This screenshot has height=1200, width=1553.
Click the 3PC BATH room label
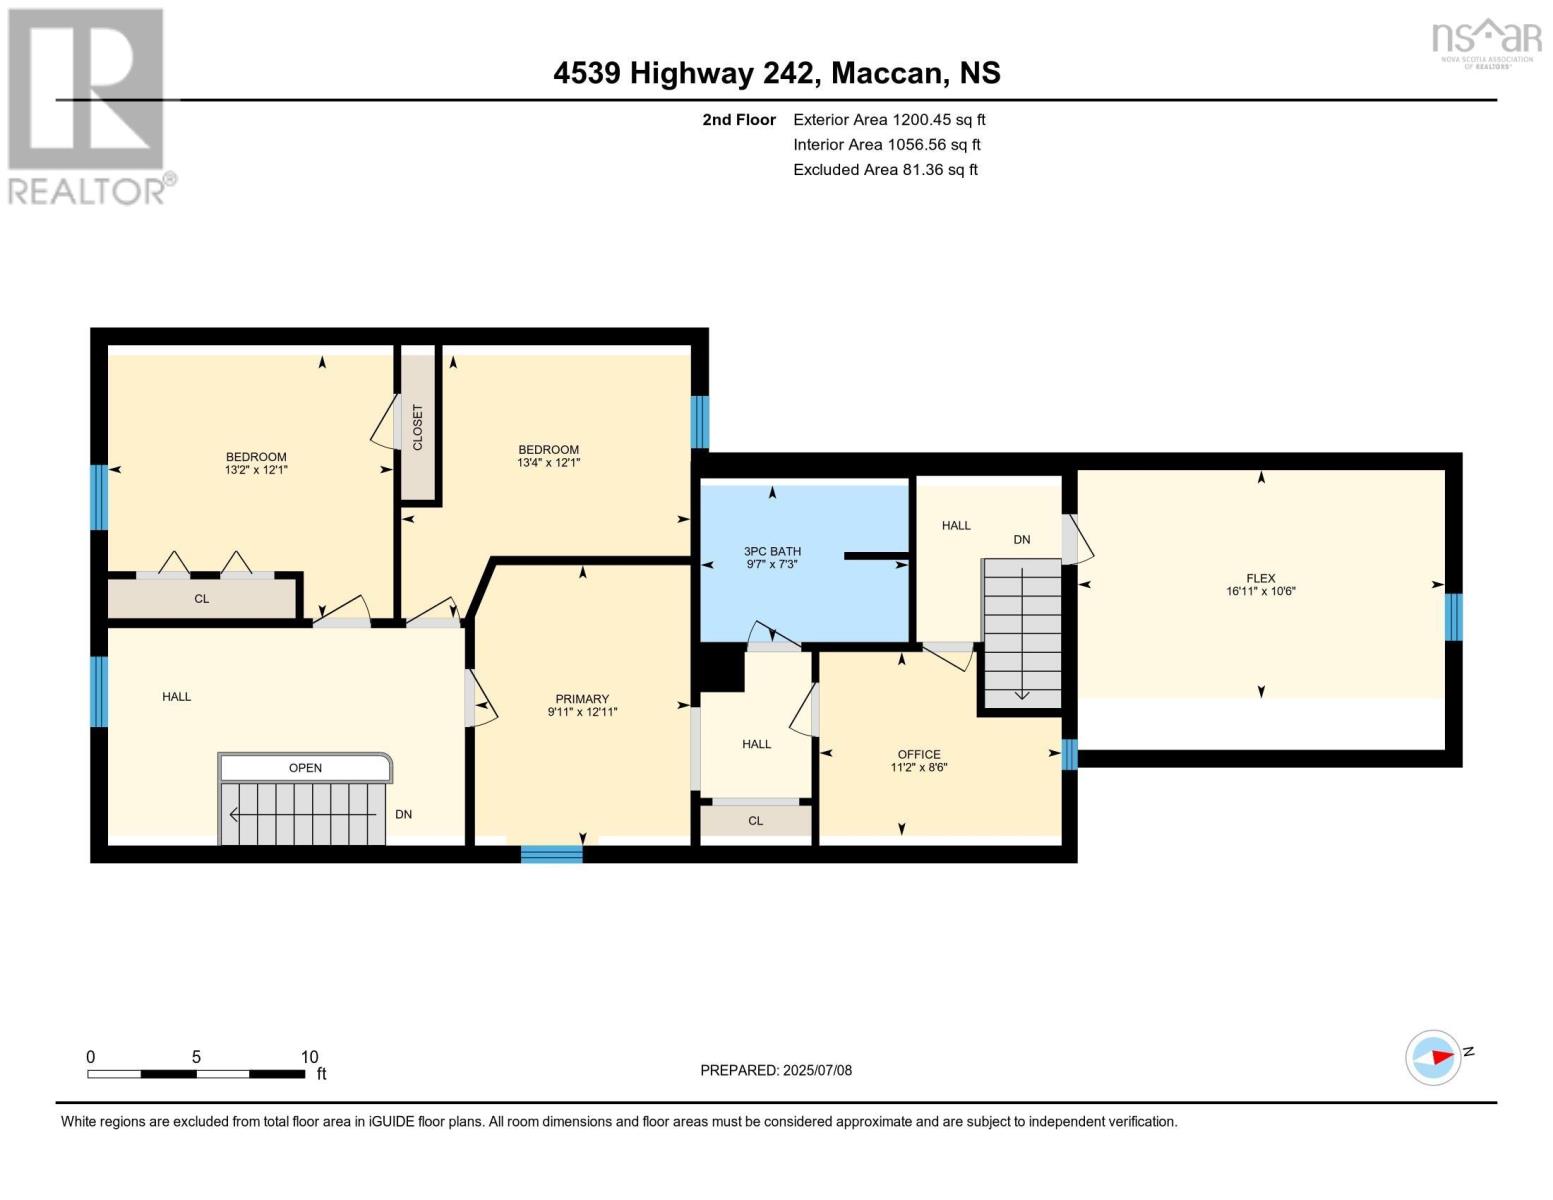[x=772, y=551]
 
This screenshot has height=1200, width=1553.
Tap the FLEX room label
[x=1261, y=578]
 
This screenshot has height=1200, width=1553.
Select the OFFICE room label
[x=919, y=754]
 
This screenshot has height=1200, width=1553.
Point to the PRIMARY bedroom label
[x=582, y=698]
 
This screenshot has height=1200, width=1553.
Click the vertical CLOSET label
[x=418, y=427]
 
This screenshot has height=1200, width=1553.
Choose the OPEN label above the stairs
[x=305, y=768]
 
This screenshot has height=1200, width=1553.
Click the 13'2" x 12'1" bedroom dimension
[x=256, y=470]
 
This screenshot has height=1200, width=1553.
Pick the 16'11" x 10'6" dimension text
[x=1261, y=591]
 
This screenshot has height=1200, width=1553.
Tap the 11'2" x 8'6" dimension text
[x=919, y=767]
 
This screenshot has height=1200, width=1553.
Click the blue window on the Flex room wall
[x=1453, y=617]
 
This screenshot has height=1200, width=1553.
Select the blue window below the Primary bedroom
[x=551, y=854]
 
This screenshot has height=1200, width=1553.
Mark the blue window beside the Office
[x=1069, y=754]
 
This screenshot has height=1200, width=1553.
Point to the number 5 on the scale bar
[x=196, y=1056]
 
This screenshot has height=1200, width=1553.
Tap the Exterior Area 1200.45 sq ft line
[x=889, y=119]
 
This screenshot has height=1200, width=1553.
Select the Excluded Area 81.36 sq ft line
[x=885, y=169]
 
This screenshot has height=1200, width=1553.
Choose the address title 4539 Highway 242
[x=683, y=73]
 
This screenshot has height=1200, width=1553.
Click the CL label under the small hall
[x=755, y=820]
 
